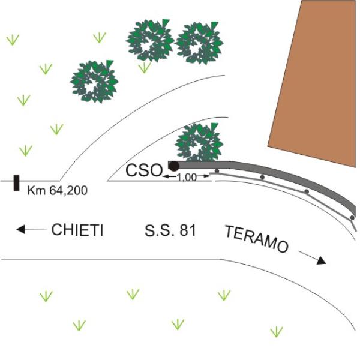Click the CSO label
point(144,170)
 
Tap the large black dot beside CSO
point(174,166)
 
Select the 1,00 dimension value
point(187,178)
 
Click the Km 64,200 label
point(57,190)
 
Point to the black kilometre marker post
point(16,183)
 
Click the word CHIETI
point(77,230)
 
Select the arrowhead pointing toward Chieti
point(20,229)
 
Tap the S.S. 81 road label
point(170,230)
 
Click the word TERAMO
point(256,239)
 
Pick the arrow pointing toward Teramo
point(312,258)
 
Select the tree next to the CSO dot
point(199,142)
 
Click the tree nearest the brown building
point(199,43)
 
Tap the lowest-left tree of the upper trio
point(94,82)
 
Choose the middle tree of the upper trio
point(150,41)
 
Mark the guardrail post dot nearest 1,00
point(217,171)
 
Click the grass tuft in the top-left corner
point(13,40)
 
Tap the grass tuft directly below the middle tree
point(145,67)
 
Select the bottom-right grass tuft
point(277,332)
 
